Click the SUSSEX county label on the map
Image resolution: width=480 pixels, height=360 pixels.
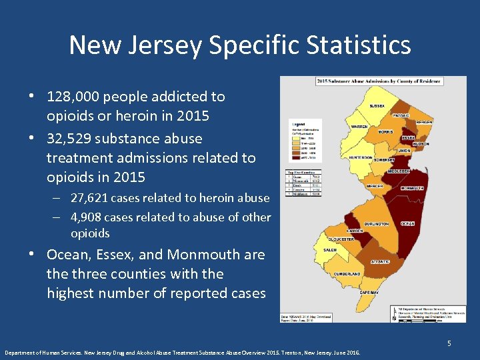point(377,107)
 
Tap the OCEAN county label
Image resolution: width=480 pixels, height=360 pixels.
point(408,224)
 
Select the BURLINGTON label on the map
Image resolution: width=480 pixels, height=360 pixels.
point(377,225)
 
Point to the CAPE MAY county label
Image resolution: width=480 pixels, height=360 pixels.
point(369,293)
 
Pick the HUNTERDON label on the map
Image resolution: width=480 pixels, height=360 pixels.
point(361,158)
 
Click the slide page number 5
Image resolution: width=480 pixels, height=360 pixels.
point(449,343)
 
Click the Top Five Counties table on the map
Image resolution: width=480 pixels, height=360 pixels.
point(294,183)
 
